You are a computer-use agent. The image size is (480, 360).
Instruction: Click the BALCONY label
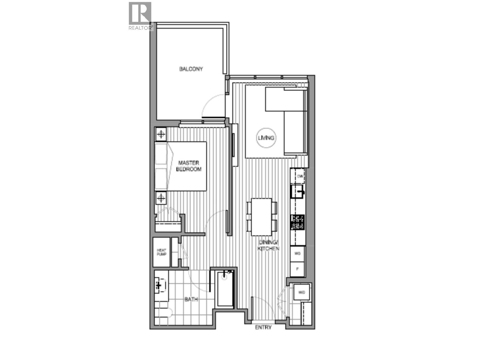click(x=191, y=69)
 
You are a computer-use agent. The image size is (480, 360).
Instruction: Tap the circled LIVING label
click(x=266, y=138)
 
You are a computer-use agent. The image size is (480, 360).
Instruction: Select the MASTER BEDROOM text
click(x=188, y=166)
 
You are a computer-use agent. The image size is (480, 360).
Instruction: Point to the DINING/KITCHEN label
click(x=269, y=245)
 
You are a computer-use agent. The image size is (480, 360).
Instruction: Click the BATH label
click(x=191, y=299)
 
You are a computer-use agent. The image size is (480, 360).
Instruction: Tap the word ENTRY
click(x=263, y=327)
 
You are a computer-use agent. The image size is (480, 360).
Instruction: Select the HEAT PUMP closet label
click(x=161, y=252)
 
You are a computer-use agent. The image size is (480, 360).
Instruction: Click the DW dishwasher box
click(x=300, y=176)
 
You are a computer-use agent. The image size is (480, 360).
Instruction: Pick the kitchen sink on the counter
click(x=298, y=191)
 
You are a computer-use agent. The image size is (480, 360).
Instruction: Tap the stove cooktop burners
click(x=298, y=222)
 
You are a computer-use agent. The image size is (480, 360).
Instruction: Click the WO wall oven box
click(x=298, y=254)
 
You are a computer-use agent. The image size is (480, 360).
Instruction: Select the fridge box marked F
click(x=298, y=269)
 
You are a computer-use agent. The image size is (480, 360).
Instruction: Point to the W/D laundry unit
click(x=301, y=292)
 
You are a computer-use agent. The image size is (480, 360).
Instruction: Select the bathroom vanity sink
click(x=160, y=285)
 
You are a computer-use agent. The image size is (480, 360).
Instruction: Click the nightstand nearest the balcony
click(x=161, y=134)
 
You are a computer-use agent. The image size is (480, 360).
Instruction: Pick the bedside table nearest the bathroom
click(x=161, y=198)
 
